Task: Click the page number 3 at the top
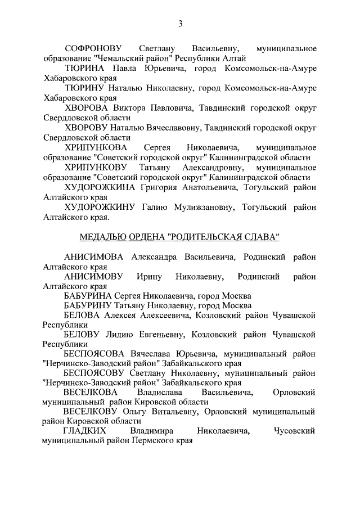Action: click(180, 24)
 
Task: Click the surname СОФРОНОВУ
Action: click(93, 48)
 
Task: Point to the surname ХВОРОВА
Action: click(87, 107)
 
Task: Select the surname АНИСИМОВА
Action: click(93, 257)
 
